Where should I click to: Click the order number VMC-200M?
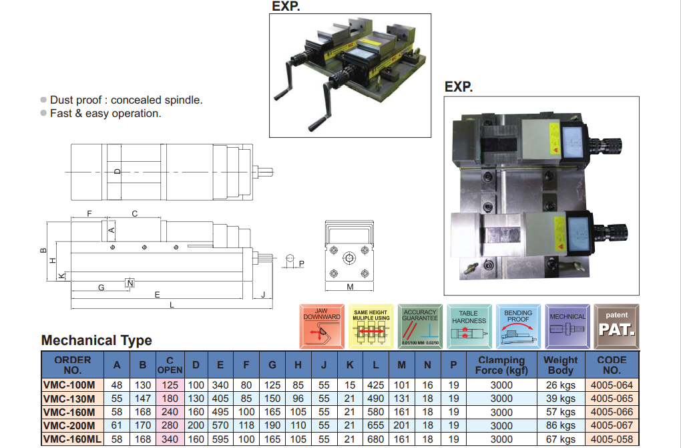point(69,425)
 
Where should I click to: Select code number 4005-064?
point(612,385)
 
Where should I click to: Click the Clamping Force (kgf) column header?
point(501,365)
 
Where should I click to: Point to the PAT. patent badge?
point(616,326)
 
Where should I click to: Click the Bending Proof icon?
point(518,326)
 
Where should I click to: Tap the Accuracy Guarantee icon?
point(420,326)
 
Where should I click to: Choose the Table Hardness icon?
point(469,326)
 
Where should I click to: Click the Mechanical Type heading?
point(97,340)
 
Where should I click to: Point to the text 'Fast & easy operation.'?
point(105,114)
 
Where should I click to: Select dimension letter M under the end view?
point(350,287)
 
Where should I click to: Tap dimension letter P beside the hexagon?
point(301,263)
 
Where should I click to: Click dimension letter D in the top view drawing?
point(117,172)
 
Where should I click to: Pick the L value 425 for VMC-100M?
point(376,385)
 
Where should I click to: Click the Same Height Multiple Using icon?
point(371,326)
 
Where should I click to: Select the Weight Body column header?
point(560,365)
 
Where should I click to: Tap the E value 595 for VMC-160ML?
point(220,439)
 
